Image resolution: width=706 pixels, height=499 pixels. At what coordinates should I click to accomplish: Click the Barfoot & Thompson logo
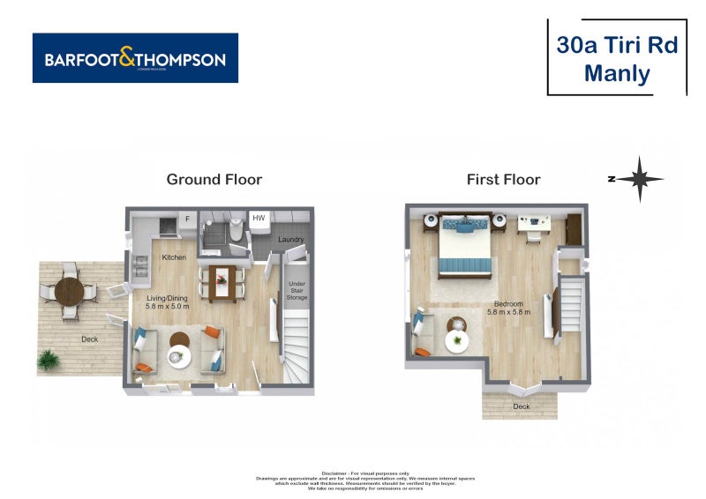point(135,59)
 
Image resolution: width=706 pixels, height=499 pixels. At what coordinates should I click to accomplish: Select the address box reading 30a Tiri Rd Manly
point(617,58)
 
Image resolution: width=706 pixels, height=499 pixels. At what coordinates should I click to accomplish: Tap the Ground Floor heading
point(214,179)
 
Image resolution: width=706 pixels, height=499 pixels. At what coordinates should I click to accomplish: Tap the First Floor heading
point(503,179)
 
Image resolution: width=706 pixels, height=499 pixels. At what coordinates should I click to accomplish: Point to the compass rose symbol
point(638,178)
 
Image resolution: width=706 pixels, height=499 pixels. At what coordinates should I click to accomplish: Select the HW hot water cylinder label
point(259,218)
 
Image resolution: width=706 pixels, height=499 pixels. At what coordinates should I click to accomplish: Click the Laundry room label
point(291,240)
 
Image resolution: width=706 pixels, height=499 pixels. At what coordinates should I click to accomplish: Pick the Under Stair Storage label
point(297,290)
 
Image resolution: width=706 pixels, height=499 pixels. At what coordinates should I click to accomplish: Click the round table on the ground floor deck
point(69,289)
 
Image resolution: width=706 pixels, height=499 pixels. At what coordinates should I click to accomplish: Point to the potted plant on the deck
point(49,359)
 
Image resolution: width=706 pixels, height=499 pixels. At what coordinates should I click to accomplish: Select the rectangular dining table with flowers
point(220,282)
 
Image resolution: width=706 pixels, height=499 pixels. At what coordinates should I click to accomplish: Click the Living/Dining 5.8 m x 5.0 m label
point(169,302)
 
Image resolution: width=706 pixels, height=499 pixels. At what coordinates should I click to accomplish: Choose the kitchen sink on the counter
point(140,262)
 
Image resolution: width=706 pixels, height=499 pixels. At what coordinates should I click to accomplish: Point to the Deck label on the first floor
point(521,406)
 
